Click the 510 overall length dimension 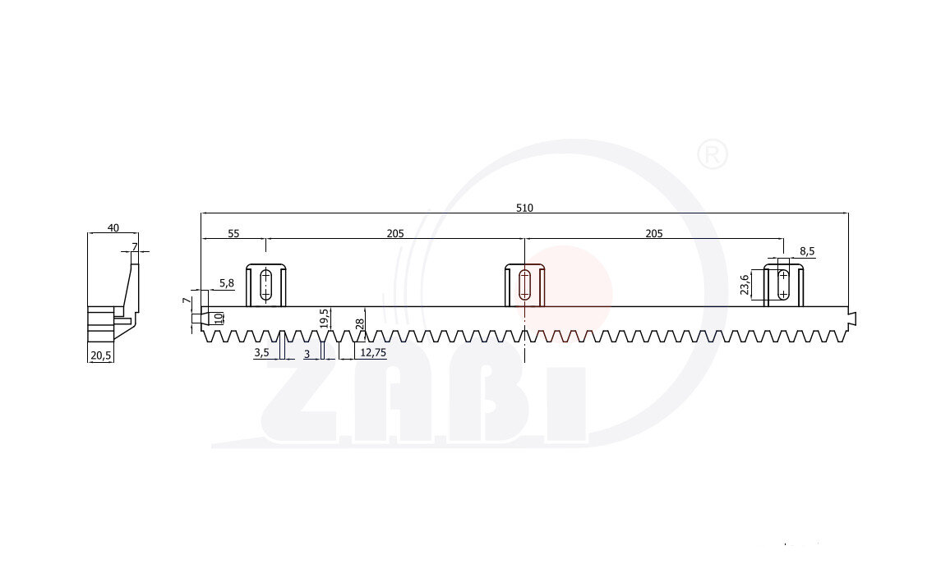pyautogui.click(x=524, y=208)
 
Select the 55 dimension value pyautogui.click(x=233, y=234)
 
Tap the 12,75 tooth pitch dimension pyautogui.click(x=372, y=352)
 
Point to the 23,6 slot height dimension pyautogui.click(x=745, y=285)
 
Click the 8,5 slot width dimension pyautogui.click(x=807, y=251)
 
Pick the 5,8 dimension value pyautogui.click(x=227, y=283)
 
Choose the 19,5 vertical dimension pyautogui.click(x=324, y=319)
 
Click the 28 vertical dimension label pyautogui.click(x=360, y=324)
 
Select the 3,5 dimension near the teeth pyautogui.click(x=261, y=352)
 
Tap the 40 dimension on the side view pyautogui.click(x=113, y=228)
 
